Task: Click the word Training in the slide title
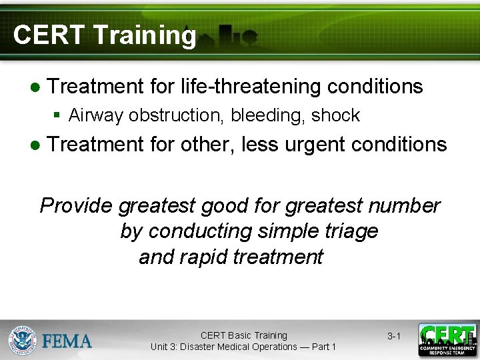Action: (x=145, y=35)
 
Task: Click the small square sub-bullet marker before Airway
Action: (x=57, y=115)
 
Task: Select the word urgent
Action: (x=317, y=144)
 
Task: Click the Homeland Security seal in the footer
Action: (x=22, y=340)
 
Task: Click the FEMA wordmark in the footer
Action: (x=67, y=341)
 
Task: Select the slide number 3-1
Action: (x=394, y=336)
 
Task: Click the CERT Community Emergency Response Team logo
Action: (x=447, y=340)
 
